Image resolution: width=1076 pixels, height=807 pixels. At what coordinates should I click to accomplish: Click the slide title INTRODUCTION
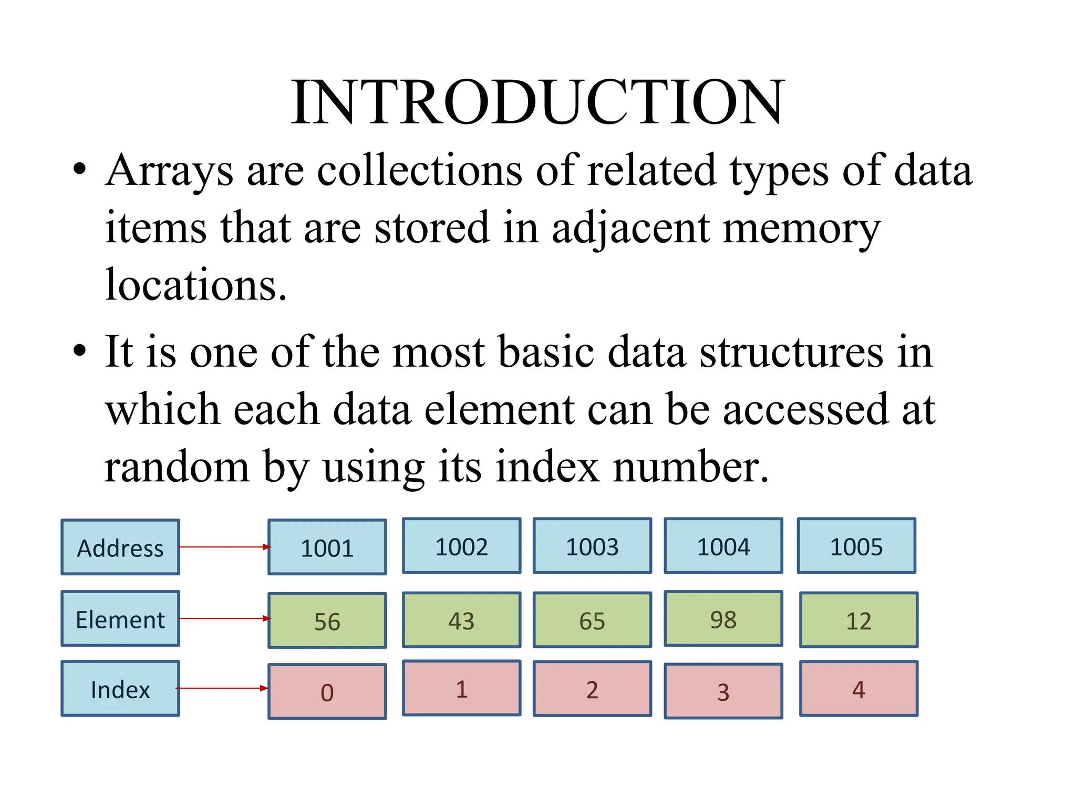[x=537, y=102]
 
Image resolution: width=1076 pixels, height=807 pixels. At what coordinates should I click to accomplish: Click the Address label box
[x=120, y=547]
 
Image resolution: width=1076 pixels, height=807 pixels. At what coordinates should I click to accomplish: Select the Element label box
[x=120, y=618]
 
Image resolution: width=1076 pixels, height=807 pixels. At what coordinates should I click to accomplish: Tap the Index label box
[x=120, y=689]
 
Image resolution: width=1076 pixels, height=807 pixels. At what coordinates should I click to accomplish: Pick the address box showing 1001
[x=327, y=547]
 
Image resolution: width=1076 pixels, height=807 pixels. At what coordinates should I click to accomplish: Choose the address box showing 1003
[x=592, y=546]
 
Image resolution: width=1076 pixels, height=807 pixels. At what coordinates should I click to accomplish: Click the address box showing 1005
[x=856, y=546]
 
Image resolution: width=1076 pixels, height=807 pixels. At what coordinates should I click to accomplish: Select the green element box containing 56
[x=327, y=620]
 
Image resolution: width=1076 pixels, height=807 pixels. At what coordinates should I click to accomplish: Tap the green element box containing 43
[x=461, y=620]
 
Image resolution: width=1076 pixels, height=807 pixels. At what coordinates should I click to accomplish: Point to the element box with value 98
[x=723, y=619]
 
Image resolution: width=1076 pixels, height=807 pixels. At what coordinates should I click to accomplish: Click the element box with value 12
[x=858, y=620]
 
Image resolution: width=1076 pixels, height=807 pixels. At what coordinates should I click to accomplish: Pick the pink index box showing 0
[x=327, y=691]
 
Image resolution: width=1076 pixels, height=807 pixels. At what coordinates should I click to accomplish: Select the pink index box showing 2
[x=592, y=689]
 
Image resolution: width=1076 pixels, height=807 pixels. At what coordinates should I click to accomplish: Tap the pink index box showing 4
[x=858, y=689]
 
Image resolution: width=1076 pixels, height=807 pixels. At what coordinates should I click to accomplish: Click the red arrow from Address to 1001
[x=224, y=547]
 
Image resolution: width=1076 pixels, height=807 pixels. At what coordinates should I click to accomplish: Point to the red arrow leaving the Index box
[x=222, y=688]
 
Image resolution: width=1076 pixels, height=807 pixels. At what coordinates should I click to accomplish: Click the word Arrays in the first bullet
[x=169, y=171]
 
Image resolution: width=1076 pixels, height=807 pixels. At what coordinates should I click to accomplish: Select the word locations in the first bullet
[x=195, y=285]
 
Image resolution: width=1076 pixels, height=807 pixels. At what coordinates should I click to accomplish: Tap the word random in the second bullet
[x=177, y=467]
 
